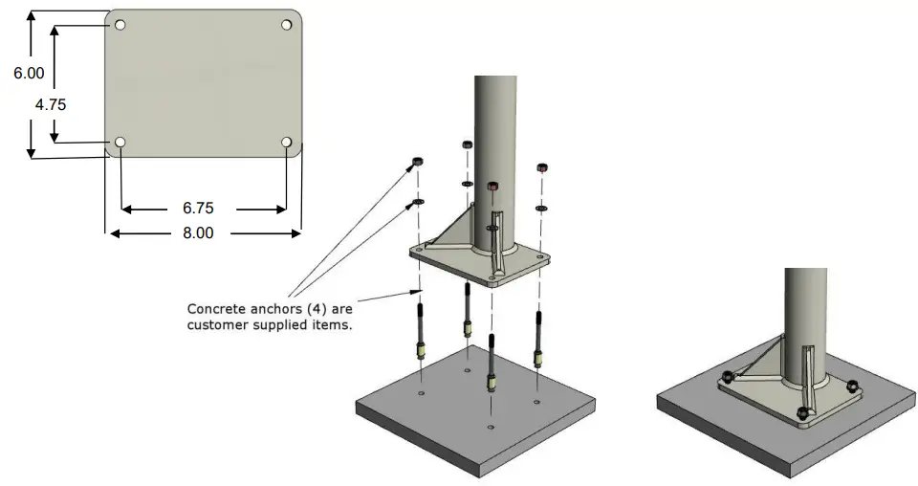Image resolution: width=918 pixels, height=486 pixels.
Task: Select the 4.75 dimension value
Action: (x=50, y=105)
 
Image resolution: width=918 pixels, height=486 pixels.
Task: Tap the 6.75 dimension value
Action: (x=202, y=208)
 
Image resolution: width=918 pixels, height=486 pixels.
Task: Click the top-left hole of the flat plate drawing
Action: (x=120, y=24)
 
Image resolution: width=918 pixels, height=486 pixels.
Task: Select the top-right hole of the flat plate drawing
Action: (x=286, y=24)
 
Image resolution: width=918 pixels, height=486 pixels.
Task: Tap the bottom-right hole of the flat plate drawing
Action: (x=287, y=143)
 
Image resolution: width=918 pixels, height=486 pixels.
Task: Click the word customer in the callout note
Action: (x=221, y=324)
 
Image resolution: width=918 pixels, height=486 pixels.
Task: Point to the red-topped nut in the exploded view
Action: (x=492, y=185)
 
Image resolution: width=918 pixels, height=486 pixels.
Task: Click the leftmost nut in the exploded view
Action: (x=418, y=161)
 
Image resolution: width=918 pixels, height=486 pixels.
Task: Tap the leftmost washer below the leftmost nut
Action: (x=418, y=202)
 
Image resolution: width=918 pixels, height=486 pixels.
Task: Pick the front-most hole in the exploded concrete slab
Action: (x=491, y=426)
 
